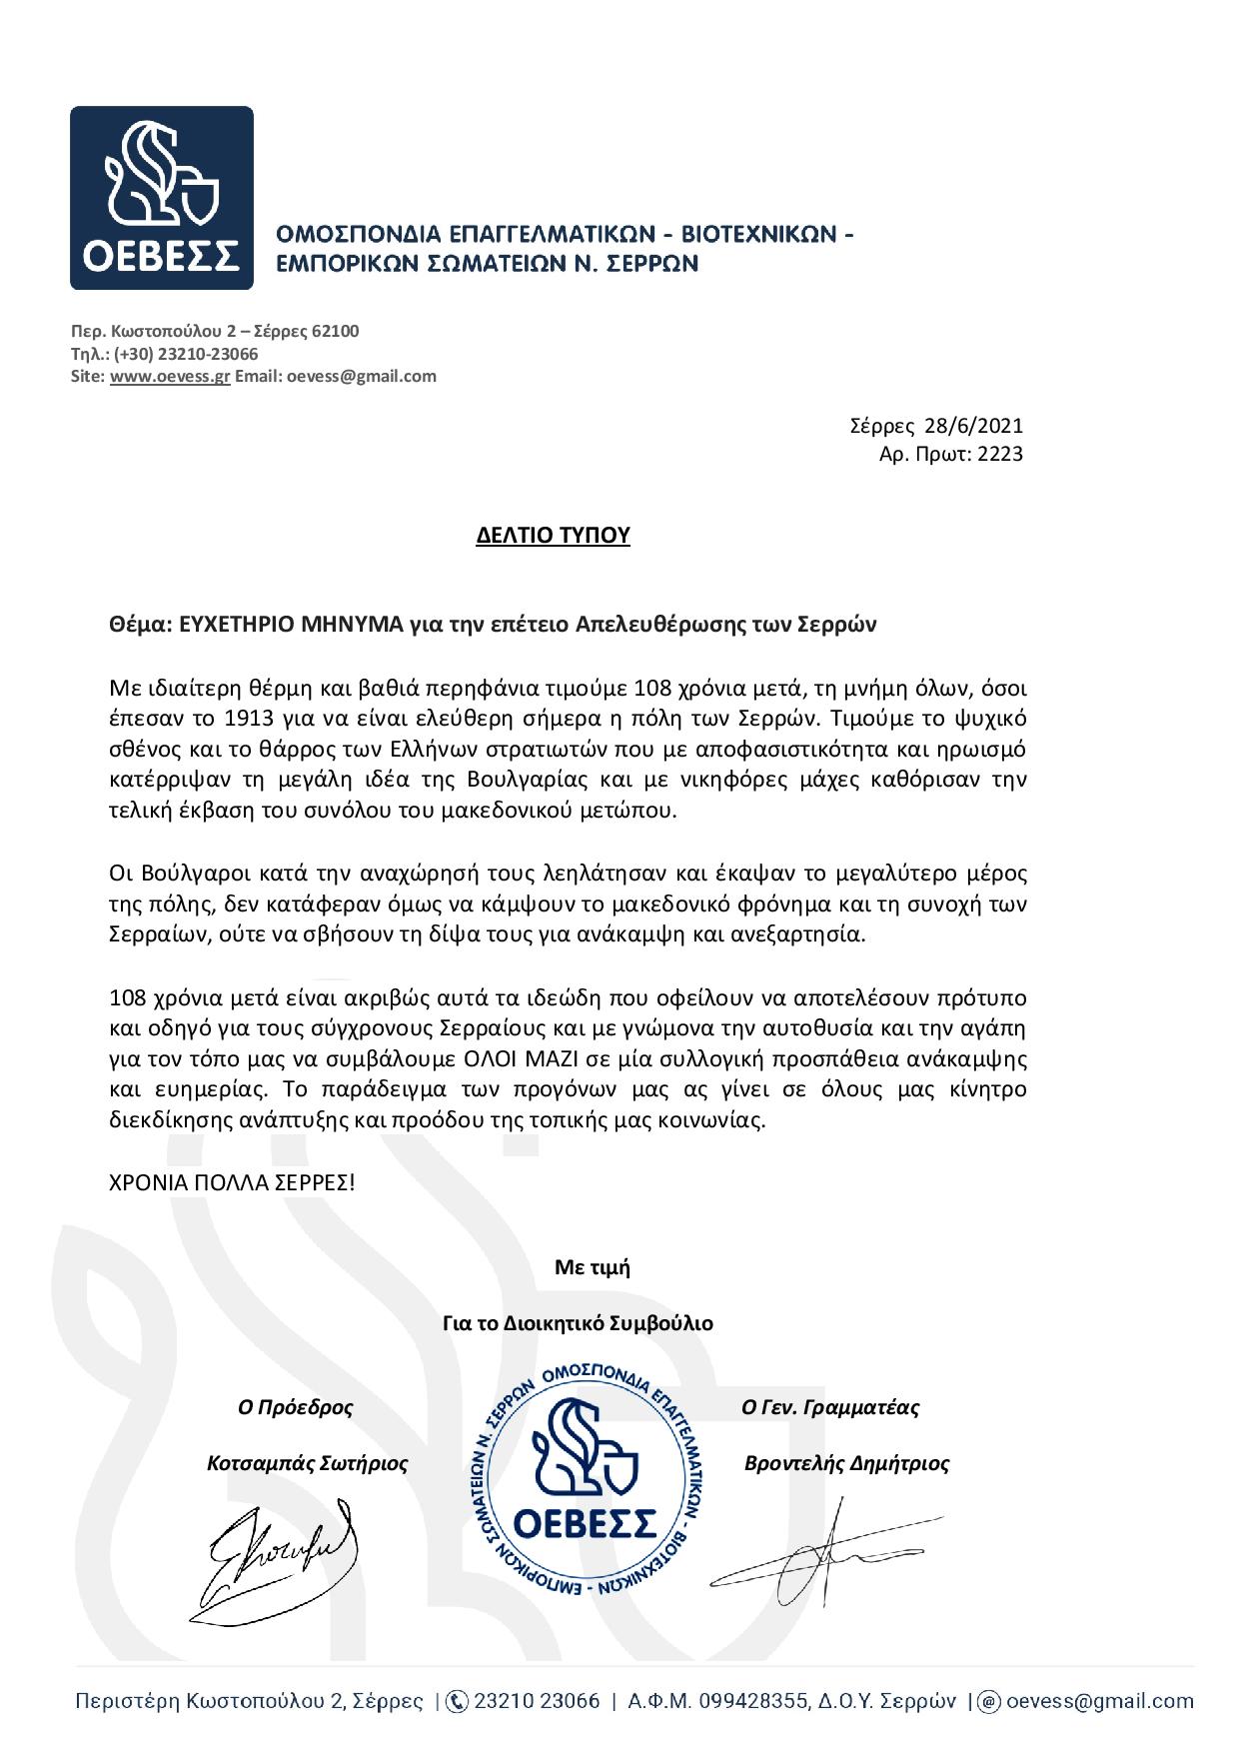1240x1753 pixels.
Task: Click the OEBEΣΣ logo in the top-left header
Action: tap(161, 198)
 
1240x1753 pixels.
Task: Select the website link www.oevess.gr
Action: tap(170, 377)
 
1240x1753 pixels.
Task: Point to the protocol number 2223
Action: tap(999, 455)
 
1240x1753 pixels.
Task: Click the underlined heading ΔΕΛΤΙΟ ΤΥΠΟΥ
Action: tap(553, 536)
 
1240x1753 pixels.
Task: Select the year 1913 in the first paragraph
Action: tap(243, 720)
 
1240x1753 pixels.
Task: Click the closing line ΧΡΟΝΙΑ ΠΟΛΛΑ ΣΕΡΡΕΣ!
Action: tap(232, 1182)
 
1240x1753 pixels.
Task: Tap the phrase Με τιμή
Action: tap(592, 1268)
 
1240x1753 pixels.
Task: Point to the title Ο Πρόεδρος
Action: tap(295, 1408)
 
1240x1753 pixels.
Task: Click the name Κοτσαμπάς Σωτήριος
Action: tap(307, 1464)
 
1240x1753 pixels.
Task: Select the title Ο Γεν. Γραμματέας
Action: tap(830, 1408)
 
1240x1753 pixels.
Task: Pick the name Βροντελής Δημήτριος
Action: tap(846, 1464)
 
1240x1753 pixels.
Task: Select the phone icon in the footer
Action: tap(456, 1701)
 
